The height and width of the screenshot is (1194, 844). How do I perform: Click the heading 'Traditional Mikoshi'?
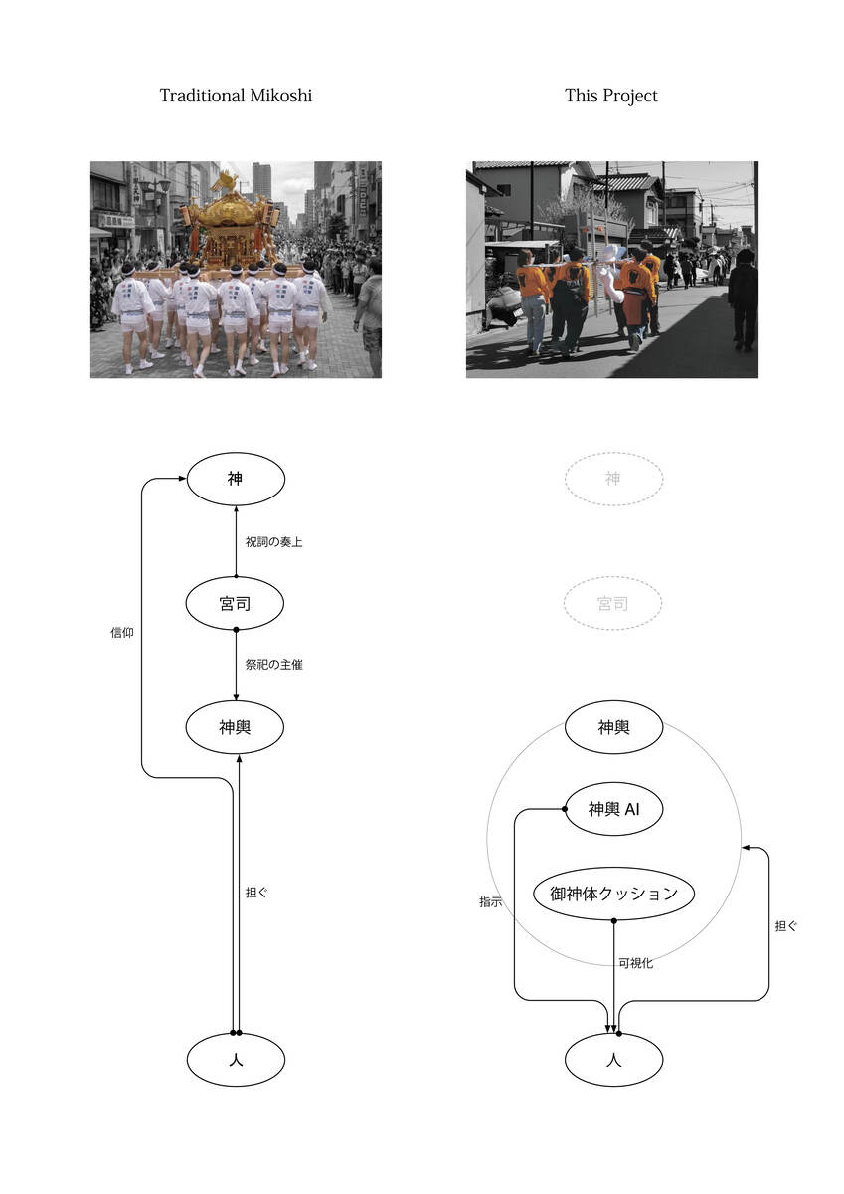click(x=236, y=96)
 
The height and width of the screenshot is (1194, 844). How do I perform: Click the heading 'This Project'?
click(x=610, y=96)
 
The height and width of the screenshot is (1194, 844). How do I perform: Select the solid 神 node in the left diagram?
click(x=236, y=479)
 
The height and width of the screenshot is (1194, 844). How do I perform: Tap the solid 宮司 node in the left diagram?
click(x=236, y=603)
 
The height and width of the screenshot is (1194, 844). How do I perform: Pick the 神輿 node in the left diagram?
click(x=236, y=727)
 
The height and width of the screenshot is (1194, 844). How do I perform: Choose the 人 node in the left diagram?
click(x=236, y=1060)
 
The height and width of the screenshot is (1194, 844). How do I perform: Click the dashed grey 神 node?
click(x=613, y=479)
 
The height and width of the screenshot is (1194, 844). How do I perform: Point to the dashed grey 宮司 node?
click(x=613, y=603)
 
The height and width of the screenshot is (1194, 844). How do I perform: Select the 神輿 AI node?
click(x=613, y=809)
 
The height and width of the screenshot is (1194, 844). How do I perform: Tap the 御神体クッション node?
click(x=613, y=894)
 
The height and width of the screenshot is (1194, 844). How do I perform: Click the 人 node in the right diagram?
click(x=613, y=1060)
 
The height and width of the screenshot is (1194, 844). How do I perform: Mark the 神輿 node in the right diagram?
click(x=613, y=727)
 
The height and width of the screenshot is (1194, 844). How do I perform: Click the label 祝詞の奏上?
click(x=273, y=542)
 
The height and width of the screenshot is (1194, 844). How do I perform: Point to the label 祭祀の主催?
click(x=273, y=665)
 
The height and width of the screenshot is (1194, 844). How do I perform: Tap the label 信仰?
click(x=122, y=632)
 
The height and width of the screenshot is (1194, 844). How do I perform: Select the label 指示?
click(x=490, y=902)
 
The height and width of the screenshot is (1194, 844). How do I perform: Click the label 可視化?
click(x=635, y=963)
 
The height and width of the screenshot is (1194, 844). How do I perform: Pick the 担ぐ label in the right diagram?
click(x=785, y=926)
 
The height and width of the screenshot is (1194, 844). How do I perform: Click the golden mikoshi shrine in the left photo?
click(x=231, y=224)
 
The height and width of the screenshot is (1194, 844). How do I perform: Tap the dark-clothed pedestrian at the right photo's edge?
click(x=743, y=297)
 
